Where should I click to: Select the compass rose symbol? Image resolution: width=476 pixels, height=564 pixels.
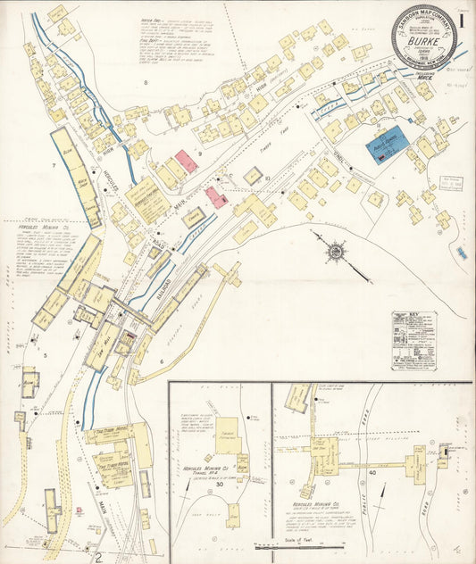click(335, 252)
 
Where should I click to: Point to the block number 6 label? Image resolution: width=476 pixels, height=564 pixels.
click(161, 361)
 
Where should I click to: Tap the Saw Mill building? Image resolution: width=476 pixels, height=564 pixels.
click(105, 344)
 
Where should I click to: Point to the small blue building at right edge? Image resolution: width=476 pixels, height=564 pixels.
click(461, 253)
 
